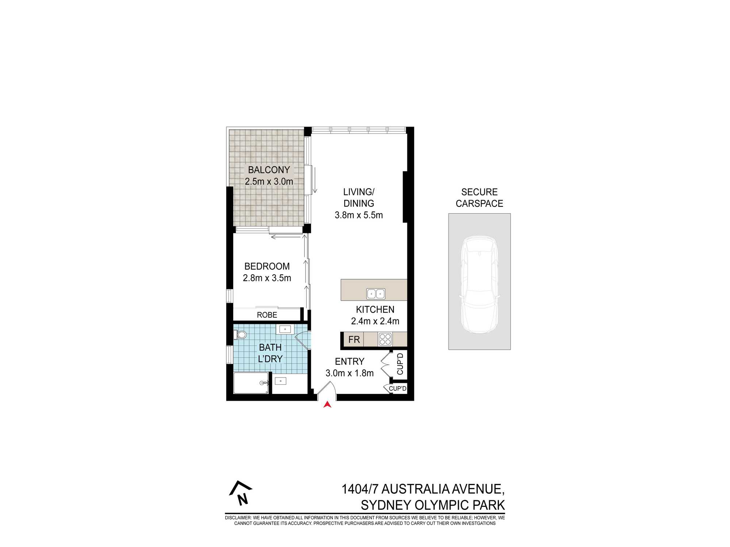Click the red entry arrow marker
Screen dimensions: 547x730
(x=327, y=404)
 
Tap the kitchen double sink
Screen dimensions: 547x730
(x=376, y=294)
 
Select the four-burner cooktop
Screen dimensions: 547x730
(x=385, y=339)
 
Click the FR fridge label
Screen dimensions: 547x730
(x=354, y=340)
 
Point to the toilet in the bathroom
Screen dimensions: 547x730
(x=241, y=334)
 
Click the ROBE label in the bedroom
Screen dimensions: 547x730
(x=267, y=315)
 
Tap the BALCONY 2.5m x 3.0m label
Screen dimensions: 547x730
(x=269, y=175)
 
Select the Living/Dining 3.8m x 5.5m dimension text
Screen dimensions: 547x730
(x=358, y=215)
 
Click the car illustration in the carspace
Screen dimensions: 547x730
(x=479, y=284)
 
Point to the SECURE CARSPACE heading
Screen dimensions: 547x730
(x=479, y=198)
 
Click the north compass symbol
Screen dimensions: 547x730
(x=241, y=493)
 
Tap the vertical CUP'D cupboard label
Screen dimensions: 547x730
(x=400, y=364)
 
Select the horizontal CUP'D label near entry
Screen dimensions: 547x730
(x=397, y=388)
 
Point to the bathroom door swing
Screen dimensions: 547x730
(x=303, y=340)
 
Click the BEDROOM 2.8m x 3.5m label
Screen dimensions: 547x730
(x=267, y=272)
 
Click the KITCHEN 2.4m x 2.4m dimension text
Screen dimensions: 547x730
(x=375, y=321)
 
